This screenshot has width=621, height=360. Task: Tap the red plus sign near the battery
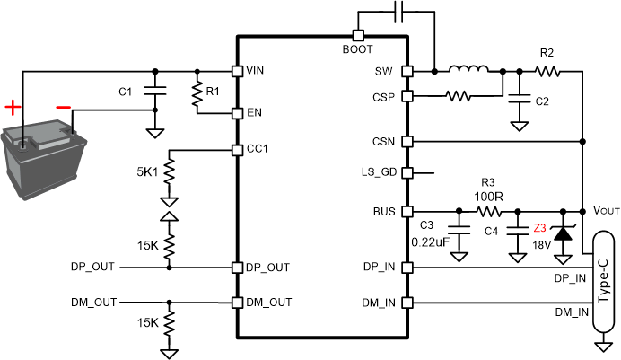[x=12, y=109]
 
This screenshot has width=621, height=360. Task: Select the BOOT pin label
[x=358, y=49]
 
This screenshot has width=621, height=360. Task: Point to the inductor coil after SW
[x=468, y=69]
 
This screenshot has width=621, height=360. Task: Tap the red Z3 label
[x=539, y=229]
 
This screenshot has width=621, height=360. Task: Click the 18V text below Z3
[x=540, y=245]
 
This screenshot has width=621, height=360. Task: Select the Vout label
[x=607, y=210]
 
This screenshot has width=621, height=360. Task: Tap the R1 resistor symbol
[x=197, y=93]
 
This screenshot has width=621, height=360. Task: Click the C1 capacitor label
[x=126, y=91]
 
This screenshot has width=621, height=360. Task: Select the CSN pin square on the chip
[x=407, y=141]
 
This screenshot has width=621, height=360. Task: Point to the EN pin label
[x=254, y=114]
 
